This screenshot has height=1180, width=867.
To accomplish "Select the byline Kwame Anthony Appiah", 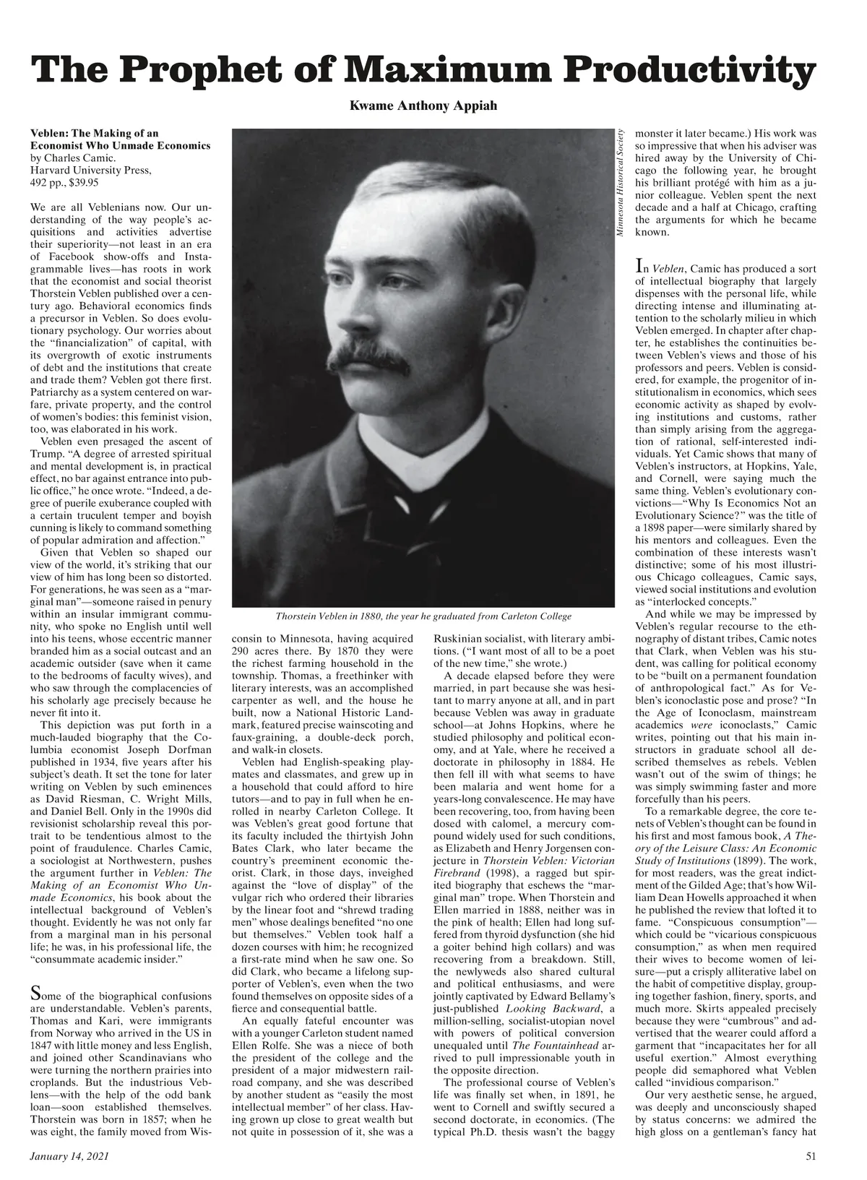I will pyautogui.click(x=423, y=105).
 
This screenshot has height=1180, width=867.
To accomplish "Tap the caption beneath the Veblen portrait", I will pyautogui.click(x=423, y=616).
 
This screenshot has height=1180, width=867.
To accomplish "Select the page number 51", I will pyautogui.click(x=811, y=1157).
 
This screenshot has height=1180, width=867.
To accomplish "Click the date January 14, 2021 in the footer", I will pyautogui.click(x=69, y=1157).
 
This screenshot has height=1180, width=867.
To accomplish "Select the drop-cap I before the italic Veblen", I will pyautogui.click(x=639, y=266).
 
